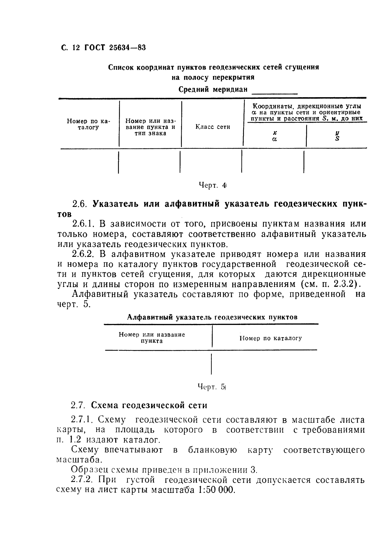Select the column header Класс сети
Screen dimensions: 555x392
(213, 127)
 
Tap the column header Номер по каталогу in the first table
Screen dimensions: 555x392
(88, 124)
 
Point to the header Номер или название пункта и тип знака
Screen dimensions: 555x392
(151, 127)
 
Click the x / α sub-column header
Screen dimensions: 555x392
(274, 136)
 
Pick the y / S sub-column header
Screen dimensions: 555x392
(337, 136)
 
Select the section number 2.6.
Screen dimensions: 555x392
(79, 204)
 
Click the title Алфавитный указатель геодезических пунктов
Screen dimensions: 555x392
(212, 317)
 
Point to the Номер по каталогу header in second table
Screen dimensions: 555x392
(270, 338)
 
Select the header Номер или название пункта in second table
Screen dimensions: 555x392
(152, 337)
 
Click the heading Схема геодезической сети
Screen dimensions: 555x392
(149, 405)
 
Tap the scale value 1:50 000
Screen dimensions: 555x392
(217, 490)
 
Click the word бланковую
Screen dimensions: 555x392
(212, 450)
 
